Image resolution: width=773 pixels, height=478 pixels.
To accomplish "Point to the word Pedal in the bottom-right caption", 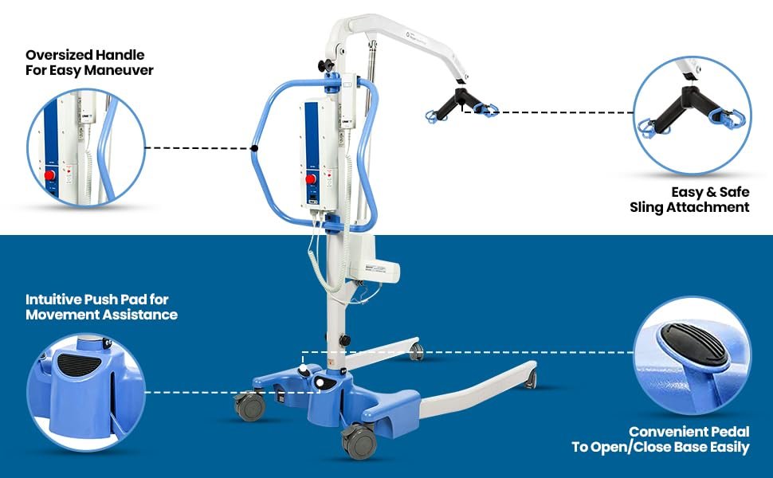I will [728, 432].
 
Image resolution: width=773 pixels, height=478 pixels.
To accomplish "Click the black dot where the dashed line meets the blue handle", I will [254, 147].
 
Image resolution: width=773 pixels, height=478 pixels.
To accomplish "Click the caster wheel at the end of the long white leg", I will [529, 381].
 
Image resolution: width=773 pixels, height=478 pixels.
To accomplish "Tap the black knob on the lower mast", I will [344, 340].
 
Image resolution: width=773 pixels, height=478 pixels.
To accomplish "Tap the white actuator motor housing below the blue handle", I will [379, 257].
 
